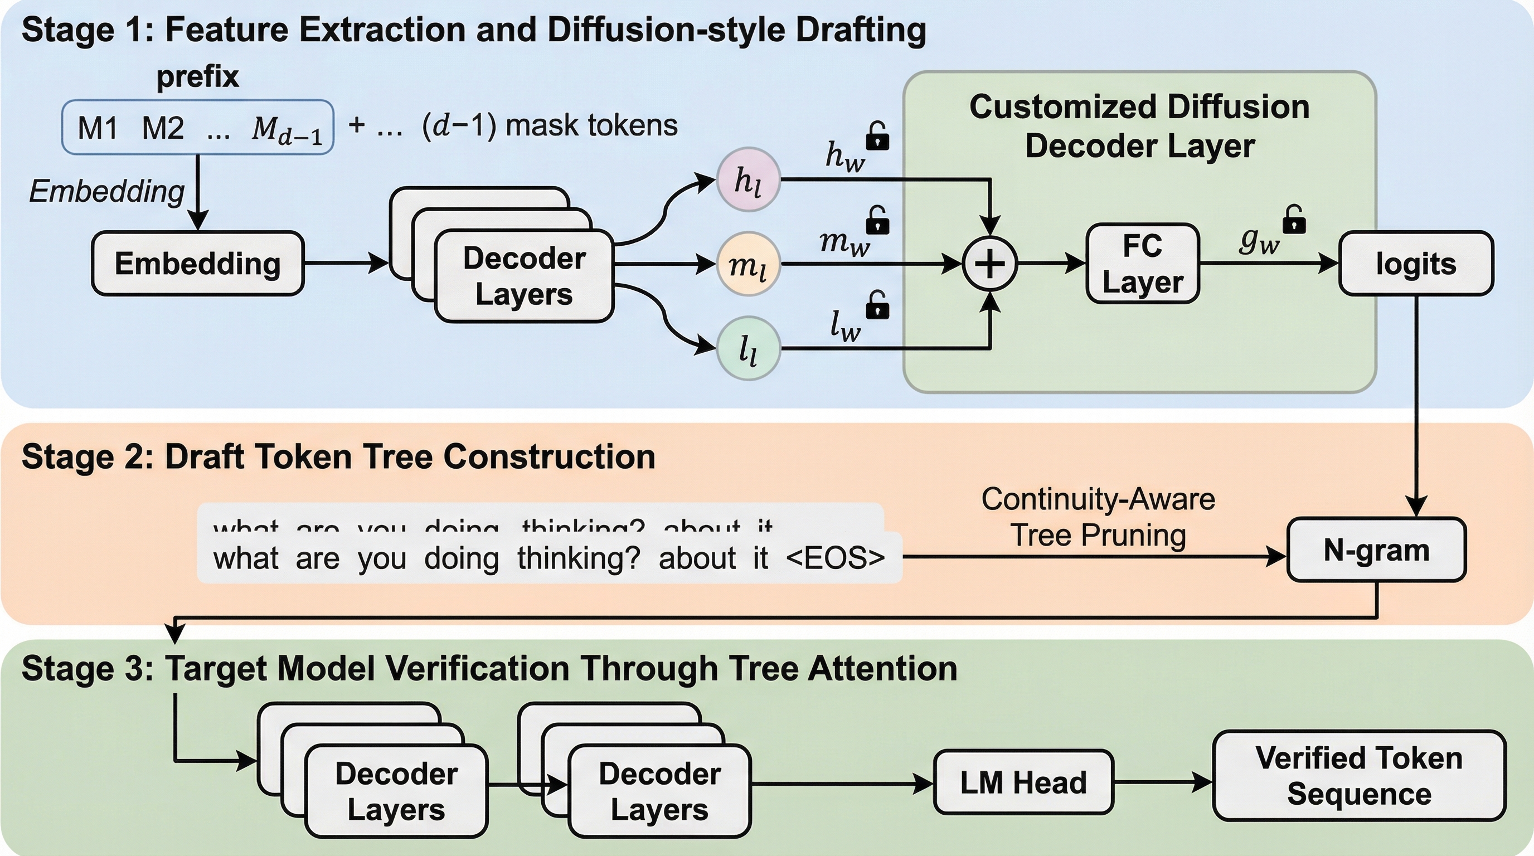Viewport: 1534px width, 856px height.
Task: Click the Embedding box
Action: pyautogui.click(x=198, y=263)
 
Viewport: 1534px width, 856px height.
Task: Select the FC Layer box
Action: pyautogui.click(x=1142, y=263)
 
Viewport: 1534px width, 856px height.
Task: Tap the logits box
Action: pyautogui.click(x=1415, y=263)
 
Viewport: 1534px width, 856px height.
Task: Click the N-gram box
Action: pyautogui.click(x=1376, y=549)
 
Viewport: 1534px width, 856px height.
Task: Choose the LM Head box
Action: pyautogui.click(x=1023, y=781)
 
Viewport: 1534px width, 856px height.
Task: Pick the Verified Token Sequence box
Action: pyautogui.click(x=1359, y=776)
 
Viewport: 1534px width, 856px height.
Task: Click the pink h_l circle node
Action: pyautogui.click(x=748, y=180)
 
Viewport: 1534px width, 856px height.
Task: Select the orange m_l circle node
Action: pyautogui.click(x=748, y=264)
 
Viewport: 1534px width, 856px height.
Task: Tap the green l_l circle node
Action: pyautogui.click(x=748, y=348)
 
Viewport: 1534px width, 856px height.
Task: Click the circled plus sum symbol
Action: pyautogui.click(x=990, y=264)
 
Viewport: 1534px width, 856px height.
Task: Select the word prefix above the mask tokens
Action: pyautogui.click(x=198, y=76)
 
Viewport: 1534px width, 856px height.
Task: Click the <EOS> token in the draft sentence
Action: pyautogui.click(x=835, y=558)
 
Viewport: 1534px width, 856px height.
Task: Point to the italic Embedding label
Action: pyautogui.click(x=107, y=191)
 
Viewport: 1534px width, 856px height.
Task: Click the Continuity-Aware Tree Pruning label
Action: pyautogui.click(x=1098, y=517)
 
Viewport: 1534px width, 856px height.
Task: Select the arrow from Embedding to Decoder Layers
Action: pyautogui.click(x=346, y=262)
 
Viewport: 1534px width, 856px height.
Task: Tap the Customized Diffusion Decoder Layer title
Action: pyautogui.click(x=1139, y=126)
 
